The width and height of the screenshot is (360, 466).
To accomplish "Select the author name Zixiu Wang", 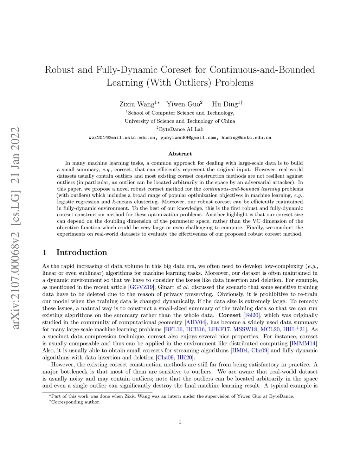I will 137,104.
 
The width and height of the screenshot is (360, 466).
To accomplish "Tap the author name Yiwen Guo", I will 183,104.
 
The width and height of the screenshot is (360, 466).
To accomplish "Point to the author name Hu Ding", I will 225,104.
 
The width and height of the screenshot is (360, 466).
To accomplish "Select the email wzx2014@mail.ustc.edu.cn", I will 122,138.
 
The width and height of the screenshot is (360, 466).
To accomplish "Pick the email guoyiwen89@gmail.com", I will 188,138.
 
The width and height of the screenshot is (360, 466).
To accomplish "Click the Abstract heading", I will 180,154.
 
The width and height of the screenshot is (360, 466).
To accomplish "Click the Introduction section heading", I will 82,253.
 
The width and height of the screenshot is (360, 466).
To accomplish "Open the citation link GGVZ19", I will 141,287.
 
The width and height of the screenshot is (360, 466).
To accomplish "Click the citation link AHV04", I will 195,323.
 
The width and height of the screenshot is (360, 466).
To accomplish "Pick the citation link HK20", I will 185,358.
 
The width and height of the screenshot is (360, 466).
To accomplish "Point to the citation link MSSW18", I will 245,330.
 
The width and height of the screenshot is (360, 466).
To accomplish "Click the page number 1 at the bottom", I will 180,422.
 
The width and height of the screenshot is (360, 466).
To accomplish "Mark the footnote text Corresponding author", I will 76,402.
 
